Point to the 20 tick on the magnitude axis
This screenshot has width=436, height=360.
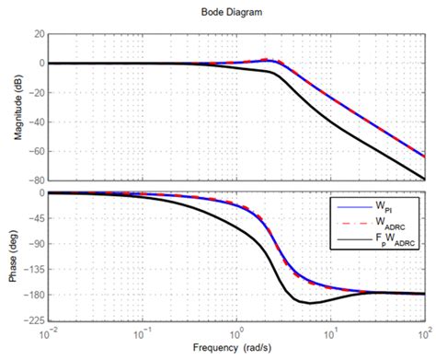[x=38, y=33]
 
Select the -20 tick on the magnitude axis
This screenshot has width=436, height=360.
[x=36, y=92]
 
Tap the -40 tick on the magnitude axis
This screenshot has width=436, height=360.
[x=36, y=122]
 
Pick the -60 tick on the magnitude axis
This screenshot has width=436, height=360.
[x=36, y=151]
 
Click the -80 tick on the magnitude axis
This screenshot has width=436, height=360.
[x=36, y=180]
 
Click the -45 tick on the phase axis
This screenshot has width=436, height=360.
[x=36, y=218]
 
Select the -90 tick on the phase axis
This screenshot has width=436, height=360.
[x=36, y=244]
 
